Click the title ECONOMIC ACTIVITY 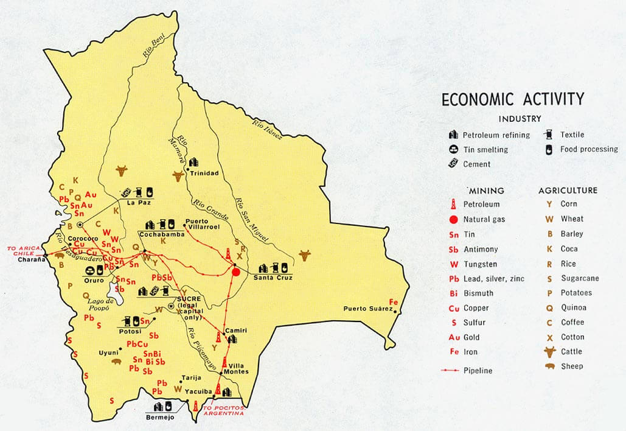512,99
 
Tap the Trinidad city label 204,173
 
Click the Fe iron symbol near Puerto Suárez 393,303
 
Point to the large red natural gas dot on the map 236,272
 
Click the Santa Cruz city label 273,278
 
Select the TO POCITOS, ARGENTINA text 224,411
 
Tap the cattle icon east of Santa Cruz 304,254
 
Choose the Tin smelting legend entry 484,150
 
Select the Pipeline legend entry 477,370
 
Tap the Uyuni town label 108,352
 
